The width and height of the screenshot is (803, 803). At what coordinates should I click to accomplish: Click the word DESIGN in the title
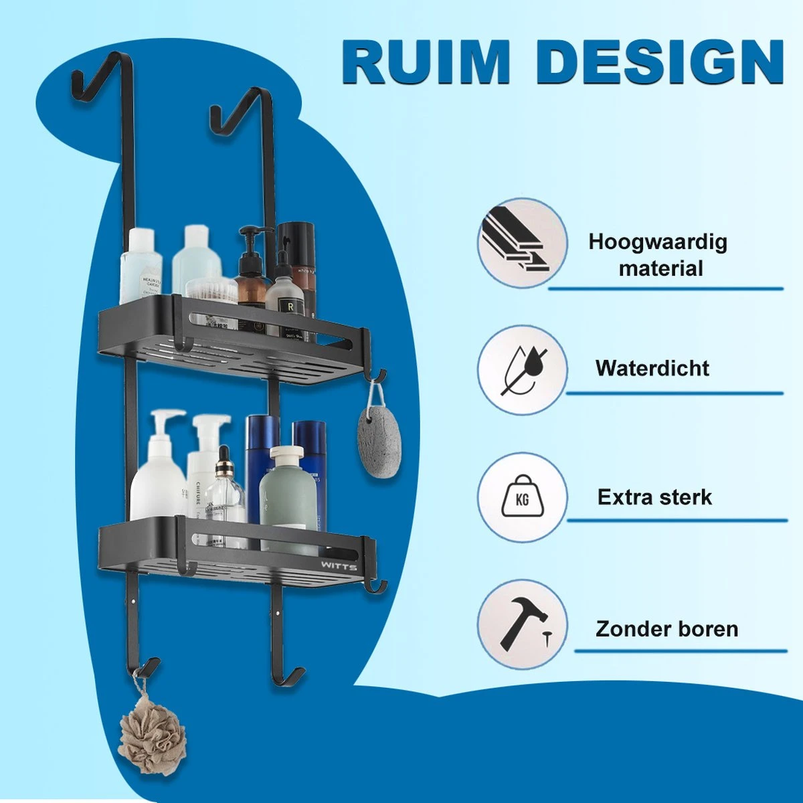(659, 62)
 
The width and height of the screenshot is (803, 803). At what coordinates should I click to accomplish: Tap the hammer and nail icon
(523, 624)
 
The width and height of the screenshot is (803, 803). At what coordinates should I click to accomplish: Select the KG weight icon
(523, 497)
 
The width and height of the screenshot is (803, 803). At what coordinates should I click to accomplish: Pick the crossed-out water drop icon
(523, 369)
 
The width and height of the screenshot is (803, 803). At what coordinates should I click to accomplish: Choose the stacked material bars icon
(523, 242)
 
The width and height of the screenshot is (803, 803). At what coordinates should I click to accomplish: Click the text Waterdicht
(652, 368)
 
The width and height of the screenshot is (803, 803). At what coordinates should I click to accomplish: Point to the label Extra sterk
(654, 497)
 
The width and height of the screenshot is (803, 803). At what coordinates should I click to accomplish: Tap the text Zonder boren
(666, 629)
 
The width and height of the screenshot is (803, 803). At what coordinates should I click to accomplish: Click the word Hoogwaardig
(657, 242)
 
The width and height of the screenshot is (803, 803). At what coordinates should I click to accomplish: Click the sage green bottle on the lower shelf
(288, 499)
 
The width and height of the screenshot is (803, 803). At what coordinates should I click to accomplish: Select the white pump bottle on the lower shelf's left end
(158, 472)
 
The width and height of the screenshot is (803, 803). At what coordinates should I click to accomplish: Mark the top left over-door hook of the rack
(90, 77)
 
